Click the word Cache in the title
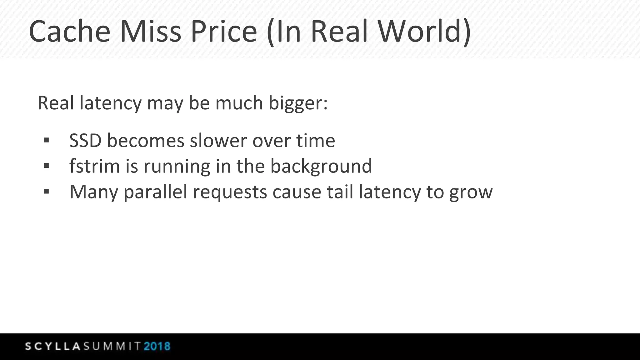69,32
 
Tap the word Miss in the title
150,32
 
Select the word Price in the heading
223,32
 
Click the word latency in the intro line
111,103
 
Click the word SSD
85,141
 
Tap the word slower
218,141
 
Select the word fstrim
94,166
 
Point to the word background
321,167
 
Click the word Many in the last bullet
93,192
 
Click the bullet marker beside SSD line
47,141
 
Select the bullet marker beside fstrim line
47,166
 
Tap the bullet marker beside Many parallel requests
47,192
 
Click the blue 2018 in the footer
157,346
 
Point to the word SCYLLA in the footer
53,346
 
